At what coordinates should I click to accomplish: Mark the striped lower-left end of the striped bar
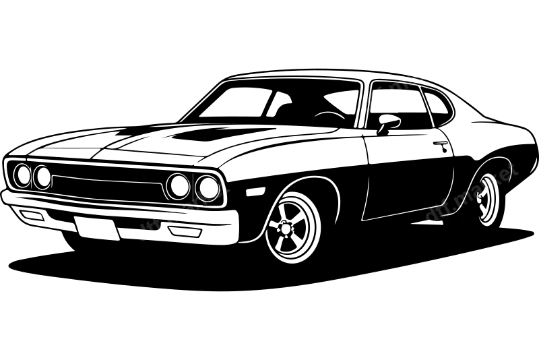pyautogui.click(x=368, y=102)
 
